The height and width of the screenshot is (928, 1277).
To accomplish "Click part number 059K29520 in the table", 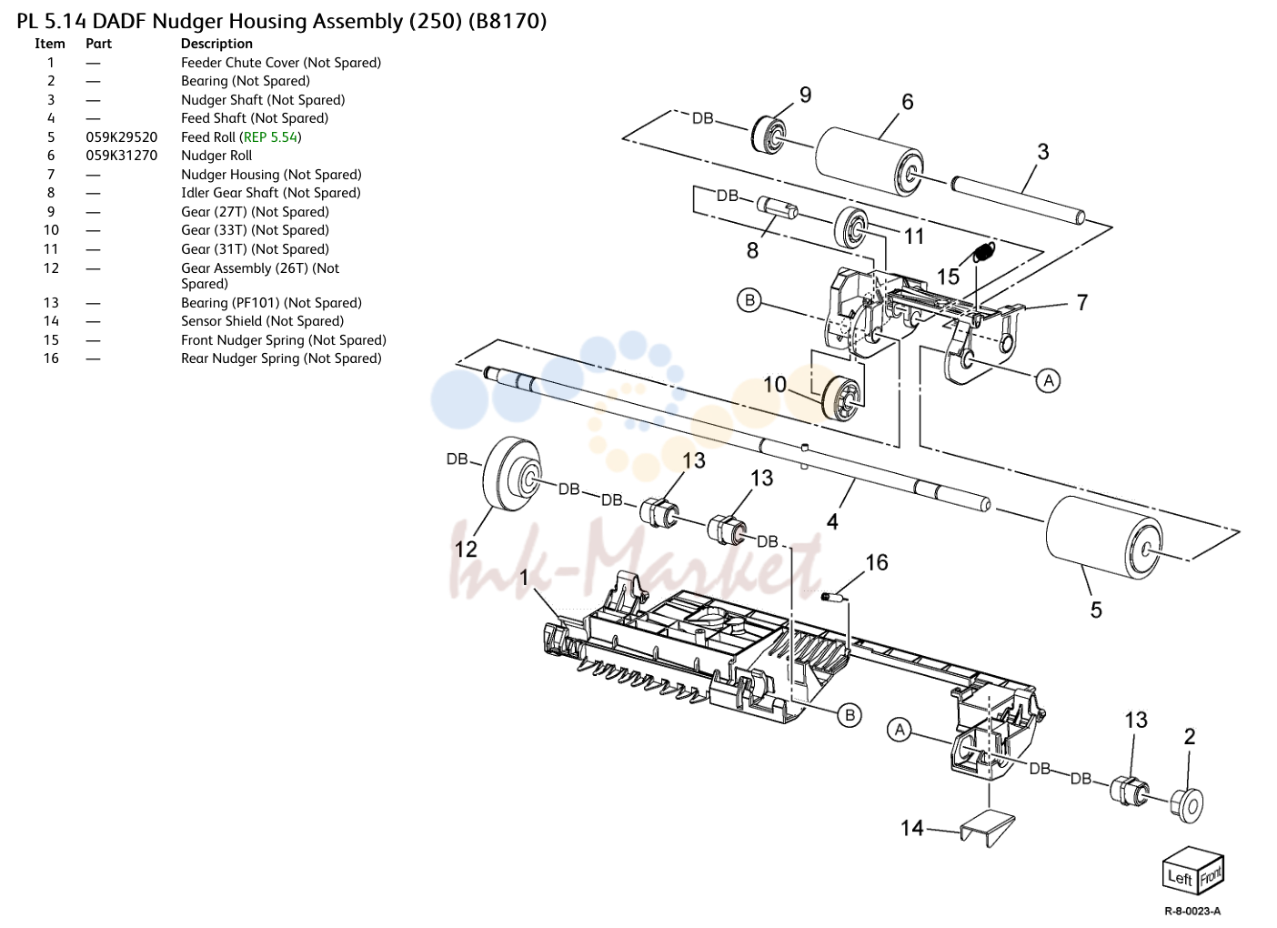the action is tap(122, 137).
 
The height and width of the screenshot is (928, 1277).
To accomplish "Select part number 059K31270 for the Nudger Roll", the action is tap(122, 156).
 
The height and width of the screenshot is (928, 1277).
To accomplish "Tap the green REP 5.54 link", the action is tap(270, 137).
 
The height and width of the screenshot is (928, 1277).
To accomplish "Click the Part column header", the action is tap(98, 44).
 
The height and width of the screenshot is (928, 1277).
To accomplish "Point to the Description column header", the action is tap(216, 44).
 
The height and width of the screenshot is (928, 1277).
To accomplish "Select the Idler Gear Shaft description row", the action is tap(271, 194).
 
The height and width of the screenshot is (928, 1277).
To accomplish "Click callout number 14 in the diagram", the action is tap(911, 828).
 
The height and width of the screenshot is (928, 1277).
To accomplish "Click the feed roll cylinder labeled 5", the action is tap(1104, 538).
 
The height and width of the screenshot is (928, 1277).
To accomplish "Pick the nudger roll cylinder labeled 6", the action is tap(870, 161).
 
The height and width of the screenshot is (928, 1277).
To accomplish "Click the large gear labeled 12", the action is tap(511, 474).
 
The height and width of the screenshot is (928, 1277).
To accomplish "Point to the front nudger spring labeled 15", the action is tap(984, 252).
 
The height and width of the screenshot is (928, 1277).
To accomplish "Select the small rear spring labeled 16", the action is tap(835, 598).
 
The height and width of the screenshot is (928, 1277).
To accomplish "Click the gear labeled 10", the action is tap(843, 398).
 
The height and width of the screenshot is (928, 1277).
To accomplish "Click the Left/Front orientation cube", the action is tap(1193, 871).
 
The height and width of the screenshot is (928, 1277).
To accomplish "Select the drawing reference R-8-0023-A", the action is tap(1192, 912).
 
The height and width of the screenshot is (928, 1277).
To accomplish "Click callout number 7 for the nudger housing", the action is tap(1082, 302).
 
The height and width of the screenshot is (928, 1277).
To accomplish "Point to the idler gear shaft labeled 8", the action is tap(777, 207).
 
